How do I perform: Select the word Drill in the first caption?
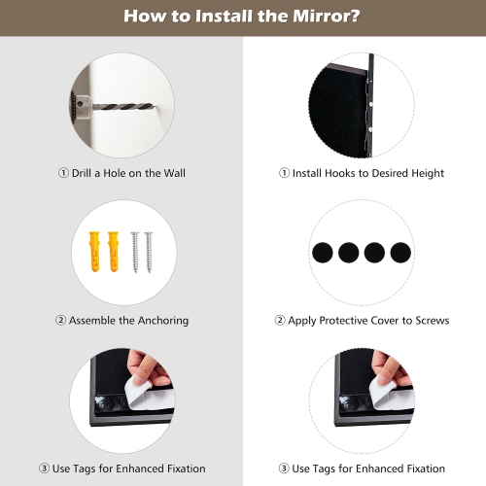(x=83, y=173)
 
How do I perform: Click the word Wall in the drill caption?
(x=171, y=173)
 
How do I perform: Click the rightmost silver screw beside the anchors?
(x=149, y=252)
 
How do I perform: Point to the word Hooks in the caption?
(x=341, y=173)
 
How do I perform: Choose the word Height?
(x=426, y=173)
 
